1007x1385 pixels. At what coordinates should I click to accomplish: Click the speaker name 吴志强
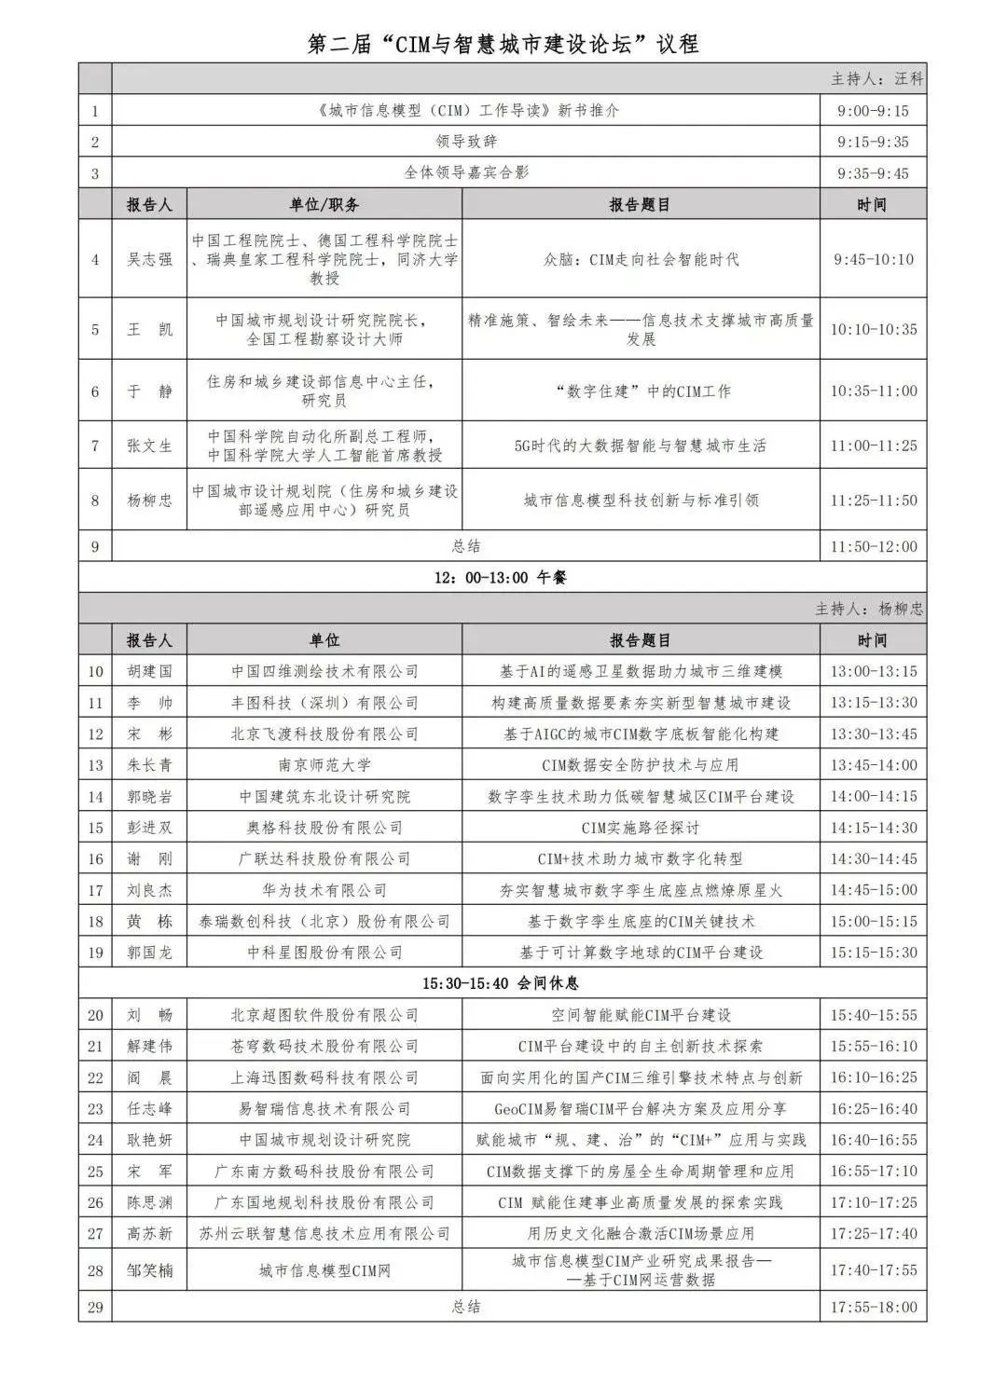[149, 259]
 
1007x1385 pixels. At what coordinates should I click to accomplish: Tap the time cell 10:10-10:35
[874, 329]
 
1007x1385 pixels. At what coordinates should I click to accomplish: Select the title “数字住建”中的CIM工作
[641, 391]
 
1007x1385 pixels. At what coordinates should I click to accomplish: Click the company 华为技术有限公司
[324, 890]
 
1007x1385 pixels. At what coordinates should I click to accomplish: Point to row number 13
[95, 765]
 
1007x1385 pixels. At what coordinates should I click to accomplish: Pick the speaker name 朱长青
[149, 765]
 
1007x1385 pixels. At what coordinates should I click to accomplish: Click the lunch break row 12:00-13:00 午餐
[501, 577]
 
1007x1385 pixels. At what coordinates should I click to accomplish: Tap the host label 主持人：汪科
[876, 79]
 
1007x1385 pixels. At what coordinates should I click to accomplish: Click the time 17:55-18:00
[874, 1307]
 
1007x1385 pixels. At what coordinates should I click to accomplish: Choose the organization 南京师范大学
[324, 765]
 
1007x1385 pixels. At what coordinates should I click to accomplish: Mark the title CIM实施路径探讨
[641, 828]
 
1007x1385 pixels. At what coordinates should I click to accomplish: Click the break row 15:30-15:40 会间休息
[501, 983]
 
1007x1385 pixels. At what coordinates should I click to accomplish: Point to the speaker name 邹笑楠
[149, 1269]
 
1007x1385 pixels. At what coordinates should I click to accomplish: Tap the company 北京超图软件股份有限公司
[324, 1015]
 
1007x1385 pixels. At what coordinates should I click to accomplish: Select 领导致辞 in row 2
[465, 142]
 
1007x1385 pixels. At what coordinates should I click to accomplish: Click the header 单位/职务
[324, 204]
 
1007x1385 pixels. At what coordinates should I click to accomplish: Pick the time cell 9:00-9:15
[873, 111]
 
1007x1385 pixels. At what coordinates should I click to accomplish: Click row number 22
[95, 1077]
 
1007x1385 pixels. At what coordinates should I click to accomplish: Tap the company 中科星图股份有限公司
[324, 953]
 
